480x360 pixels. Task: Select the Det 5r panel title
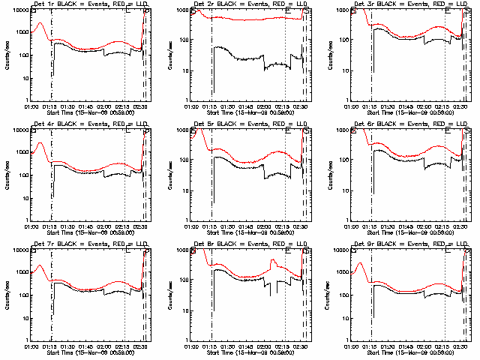[251, 124]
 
